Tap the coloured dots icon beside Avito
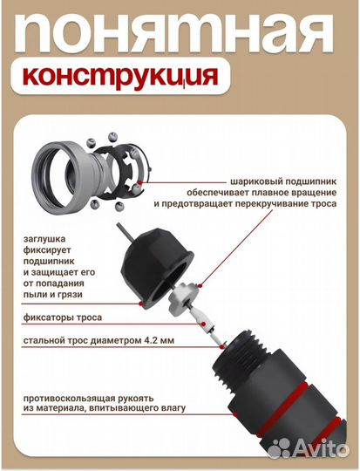[x=280, y=448]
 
